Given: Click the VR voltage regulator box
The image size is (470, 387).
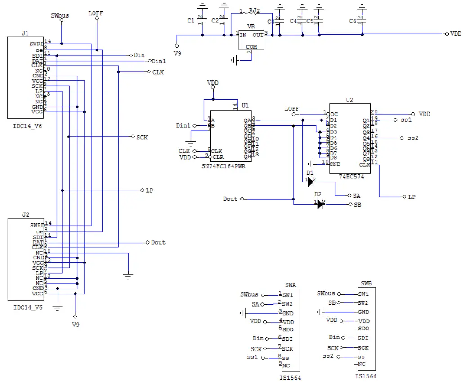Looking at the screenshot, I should click(x=251, y=40).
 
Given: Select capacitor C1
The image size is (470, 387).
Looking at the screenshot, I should click(x=202, y=21).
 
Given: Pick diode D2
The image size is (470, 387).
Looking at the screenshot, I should click(x=320, y=205).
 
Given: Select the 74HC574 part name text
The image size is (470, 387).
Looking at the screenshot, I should click(x=352, y=177).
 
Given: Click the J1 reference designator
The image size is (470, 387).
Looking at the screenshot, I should click(x=25, y=33).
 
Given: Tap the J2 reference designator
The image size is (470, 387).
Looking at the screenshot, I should click(x=26, y=214).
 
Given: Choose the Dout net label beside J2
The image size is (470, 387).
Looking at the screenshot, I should click(x=158, y=242).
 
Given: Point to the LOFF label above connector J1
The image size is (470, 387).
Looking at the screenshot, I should click(x=96, y=13).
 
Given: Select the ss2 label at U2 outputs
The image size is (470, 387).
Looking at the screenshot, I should click(x=413, y=138).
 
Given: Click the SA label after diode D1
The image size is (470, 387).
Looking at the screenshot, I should click(x=357, y=196).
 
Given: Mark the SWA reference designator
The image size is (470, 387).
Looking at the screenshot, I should click(x=291, y=285).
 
